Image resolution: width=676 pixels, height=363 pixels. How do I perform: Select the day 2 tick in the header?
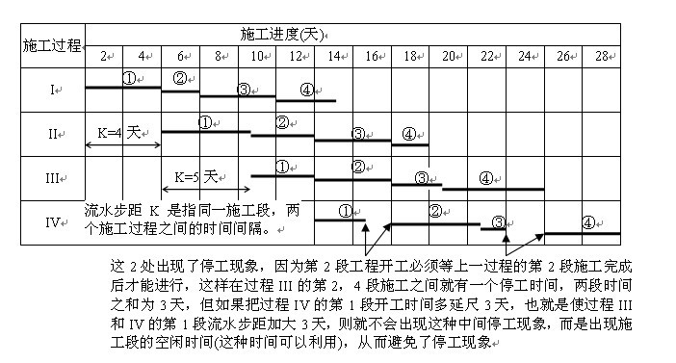[x=103, y=55]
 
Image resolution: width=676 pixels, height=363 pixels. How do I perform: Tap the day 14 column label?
[x=333, y=55]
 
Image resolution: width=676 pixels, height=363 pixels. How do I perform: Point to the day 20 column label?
[x=448, y=55]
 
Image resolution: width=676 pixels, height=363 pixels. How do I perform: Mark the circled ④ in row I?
[x=307, y=90]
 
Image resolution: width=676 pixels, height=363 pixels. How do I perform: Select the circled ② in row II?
[x=282, y=122]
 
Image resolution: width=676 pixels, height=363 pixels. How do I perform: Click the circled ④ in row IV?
[x=588, y=221]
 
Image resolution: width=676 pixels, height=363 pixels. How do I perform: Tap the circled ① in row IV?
[x=346, y=211]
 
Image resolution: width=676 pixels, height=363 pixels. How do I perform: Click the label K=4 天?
[x=119, y=129]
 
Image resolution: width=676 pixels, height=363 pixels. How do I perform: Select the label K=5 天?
[x=197, y=176]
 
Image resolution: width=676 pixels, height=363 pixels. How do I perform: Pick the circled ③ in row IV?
[x=499, y=222]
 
